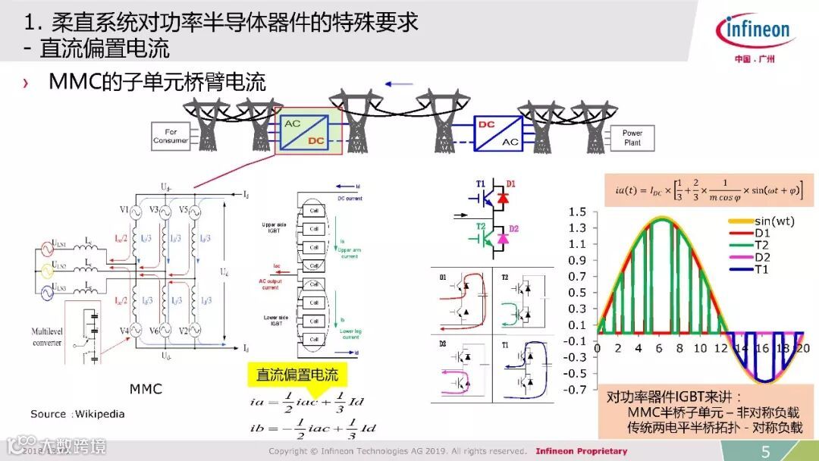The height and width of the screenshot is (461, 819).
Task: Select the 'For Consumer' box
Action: (x=171, y=136)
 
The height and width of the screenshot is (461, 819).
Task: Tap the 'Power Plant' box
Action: (x=632, y=137)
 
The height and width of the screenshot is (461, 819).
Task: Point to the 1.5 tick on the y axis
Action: (x=578, y=211)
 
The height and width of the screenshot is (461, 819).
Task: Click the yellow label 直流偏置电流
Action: (x=297, y=375)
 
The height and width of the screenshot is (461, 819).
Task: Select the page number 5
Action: (x=766, y=452)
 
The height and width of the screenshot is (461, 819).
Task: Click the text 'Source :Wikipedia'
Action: (x=77, y=414)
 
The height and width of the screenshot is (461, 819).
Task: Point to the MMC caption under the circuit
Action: (x=145, y=389)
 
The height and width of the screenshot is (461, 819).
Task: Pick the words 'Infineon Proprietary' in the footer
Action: (x=582, y=451)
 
